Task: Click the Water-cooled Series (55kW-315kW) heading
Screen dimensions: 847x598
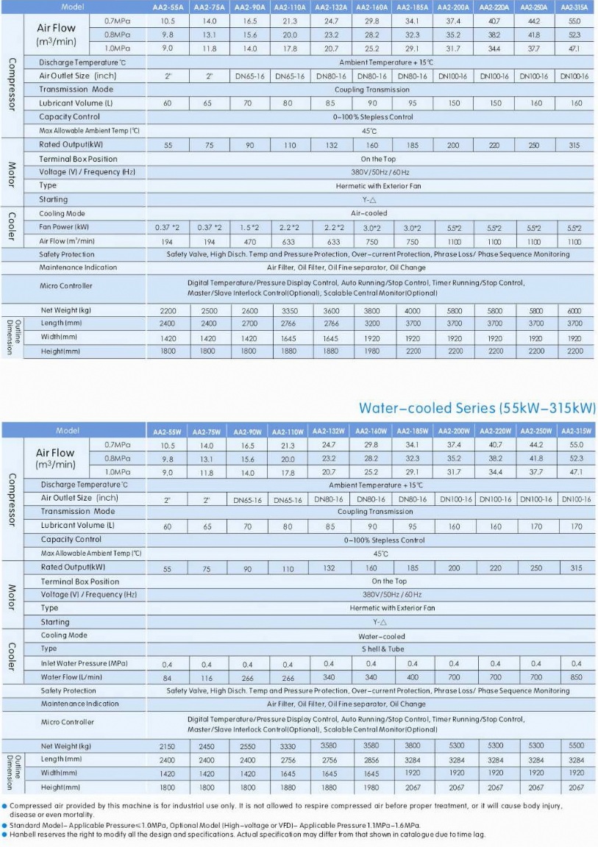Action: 477,407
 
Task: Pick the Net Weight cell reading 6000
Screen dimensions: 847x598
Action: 574,311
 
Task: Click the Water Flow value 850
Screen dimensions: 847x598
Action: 576,677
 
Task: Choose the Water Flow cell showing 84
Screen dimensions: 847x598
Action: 167,678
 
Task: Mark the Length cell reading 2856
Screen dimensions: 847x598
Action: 371,760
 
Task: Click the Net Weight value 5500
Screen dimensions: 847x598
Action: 576,746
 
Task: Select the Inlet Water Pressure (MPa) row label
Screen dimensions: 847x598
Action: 84,663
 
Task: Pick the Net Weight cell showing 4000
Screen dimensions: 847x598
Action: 413,311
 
